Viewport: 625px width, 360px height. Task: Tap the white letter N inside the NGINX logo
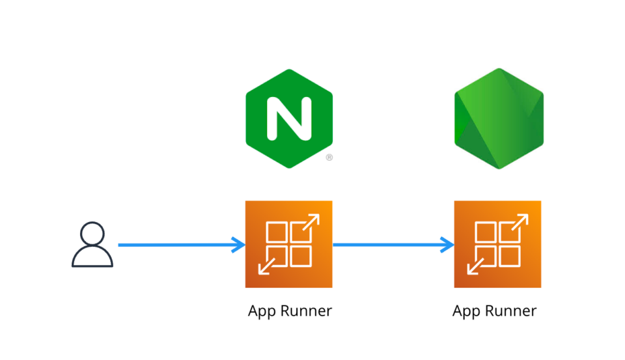point(288,118)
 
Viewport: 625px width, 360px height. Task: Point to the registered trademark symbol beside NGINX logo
point(329,158)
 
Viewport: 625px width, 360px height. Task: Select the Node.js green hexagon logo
point(499,118)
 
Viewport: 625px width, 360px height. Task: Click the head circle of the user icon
point(92,233)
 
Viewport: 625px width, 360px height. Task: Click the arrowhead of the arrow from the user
point(238,245)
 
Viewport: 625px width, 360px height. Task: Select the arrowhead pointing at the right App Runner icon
point(447,245)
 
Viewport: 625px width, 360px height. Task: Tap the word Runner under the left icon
point(306,311)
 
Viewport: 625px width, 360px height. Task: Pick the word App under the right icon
point(467,312)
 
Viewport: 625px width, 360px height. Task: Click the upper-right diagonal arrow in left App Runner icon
point(312,222)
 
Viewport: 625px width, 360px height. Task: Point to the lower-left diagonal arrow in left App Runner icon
point(266,266)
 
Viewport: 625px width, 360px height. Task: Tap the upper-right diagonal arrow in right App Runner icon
point(520,222)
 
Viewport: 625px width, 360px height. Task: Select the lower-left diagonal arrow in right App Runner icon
point(474,266)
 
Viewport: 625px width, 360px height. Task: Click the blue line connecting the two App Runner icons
point(391,245)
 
